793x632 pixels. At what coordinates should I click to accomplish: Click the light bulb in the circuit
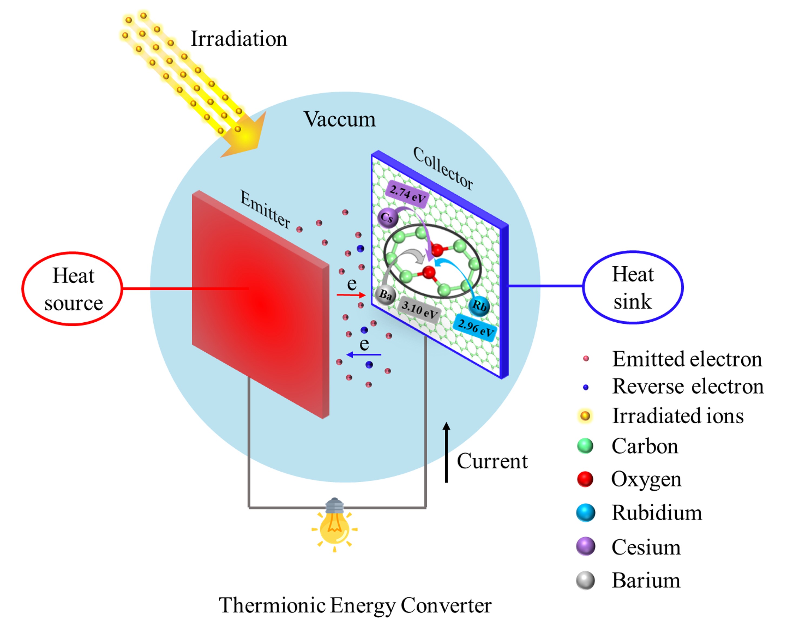click(x=334, y=524)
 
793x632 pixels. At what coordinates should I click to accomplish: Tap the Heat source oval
click(x=72, y=289)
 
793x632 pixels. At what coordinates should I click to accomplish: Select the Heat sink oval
click(x=633, y=287)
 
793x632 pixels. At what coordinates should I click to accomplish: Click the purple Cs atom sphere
click(x=387, y=217)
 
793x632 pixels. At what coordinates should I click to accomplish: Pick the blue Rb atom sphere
click(x=479, y=305)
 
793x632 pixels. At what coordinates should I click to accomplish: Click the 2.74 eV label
click(x=407, y=194)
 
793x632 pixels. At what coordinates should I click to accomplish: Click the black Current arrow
click(x=446, y=452)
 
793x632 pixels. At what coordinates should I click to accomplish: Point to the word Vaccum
click(x=339, y=120)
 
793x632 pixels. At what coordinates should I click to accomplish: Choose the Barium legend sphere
click(x=585, y=581)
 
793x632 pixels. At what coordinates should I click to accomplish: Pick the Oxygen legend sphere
click(x=585, y=479)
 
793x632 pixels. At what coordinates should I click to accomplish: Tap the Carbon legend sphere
click(x=585, y=446)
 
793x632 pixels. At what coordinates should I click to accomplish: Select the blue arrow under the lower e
click(x=364, y=355)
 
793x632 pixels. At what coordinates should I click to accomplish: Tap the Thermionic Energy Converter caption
click(x=355, y=605)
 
